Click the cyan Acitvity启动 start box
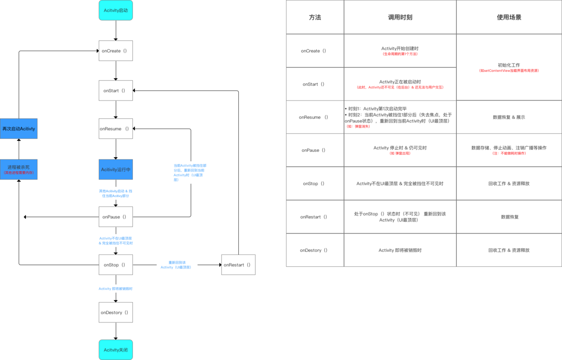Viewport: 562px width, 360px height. (x=116, y=10)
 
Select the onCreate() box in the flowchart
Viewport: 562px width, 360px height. (x=116, y=51)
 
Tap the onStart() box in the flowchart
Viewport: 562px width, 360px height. (x=116, y=91)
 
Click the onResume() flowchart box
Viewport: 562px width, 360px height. (x=116, y=129)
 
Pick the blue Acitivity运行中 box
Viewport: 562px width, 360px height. (x=116, y=169)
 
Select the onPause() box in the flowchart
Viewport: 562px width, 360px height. (x=116, y=217)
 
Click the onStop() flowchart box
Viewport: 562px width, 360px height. (x=116, y=265)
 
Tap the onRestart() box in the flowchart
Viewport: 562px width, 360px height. (x=238, y=265)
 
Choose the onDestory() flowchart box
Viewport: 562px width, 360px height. (x=116, y=312)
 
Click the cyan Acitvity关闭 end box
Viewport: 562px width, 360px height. (x=116, y=350)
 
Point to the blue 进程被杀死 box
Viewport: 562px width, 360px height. (x=19, y=169)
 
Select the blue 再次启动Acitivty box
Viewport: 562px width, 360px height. (x=19, y=129)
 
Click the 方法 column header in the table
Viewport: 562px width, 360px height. (x=315, y=17)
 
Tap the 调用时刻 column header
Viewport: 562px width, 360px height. (x=400, y=17)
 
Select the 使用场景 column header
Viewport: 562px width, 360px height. (x=509, y=17)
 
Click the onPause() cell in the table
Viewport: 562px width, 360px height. (x=315, y=150)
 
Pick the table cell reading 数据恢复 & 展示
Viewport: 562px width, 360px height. (x=509, y=117)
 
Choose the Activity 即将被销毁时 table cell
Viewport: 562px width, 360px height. (x=400, y=250)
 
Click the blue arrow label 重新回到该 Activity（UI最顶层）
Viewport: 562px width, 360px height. (x=176, y=265)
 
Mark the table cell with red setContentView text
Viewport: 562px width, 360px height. (x=509, y=68)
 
